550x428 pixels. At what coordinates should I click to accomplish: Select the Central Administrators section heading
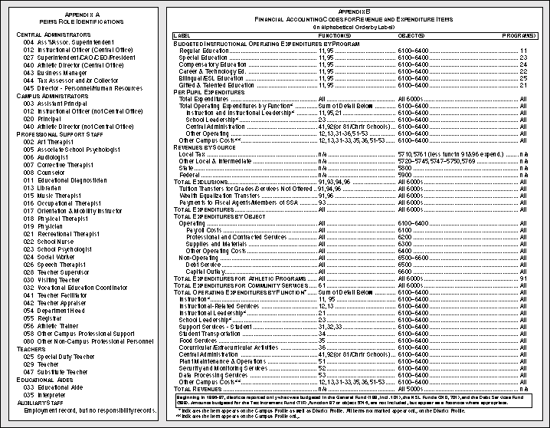point(53,35)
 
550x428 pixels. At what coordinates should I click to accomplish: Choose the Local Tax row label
point(192,155)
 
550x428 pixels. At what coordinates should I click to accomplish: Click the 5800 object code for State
point(406,167)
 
